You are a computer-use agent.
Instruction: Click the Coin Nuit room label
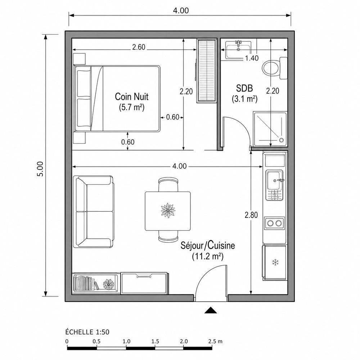131,96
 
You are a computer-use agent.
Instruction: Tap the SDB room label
244,88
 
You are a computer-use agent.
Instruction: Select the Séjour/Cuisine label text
208,246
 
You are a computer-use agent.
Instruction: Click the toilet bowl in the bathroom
271,68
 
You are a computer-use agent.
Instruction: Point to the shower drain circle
281,140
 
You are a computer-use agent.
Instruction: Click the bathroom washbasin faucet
239,44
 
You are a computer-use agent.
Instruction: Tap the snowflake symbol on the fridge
275,262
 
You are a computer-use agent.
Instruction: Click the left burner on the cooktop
270,223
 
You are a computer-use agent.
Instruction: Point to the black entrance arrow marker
211,310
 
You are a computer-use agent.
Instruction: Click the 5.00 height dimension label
40,169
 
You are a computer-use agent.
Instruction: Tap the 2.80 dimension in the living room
251,215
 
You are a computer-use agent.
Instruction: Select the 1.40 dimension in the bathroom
252,58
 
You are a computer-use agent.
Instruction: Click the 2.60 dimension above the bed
139,47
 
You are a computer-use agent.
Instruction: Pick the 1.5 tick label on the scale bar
155,341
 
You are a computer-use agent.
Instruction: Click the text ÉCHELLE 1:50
87,332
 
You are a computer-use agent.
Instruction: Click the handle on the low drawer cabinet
144,277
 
